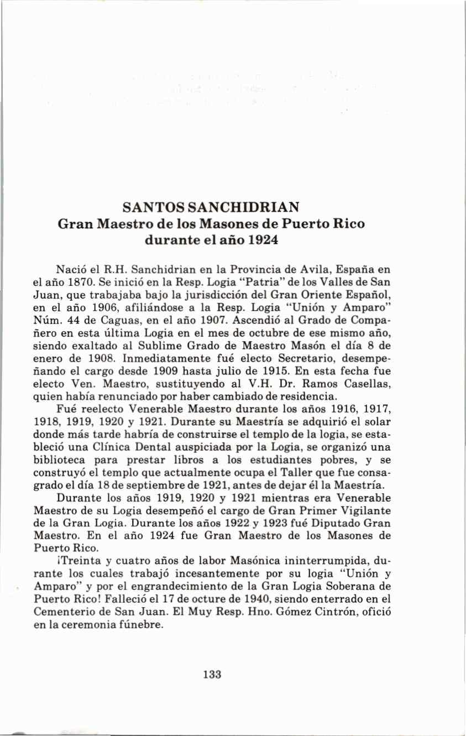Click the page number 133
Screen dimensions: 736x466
[212, 674]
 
